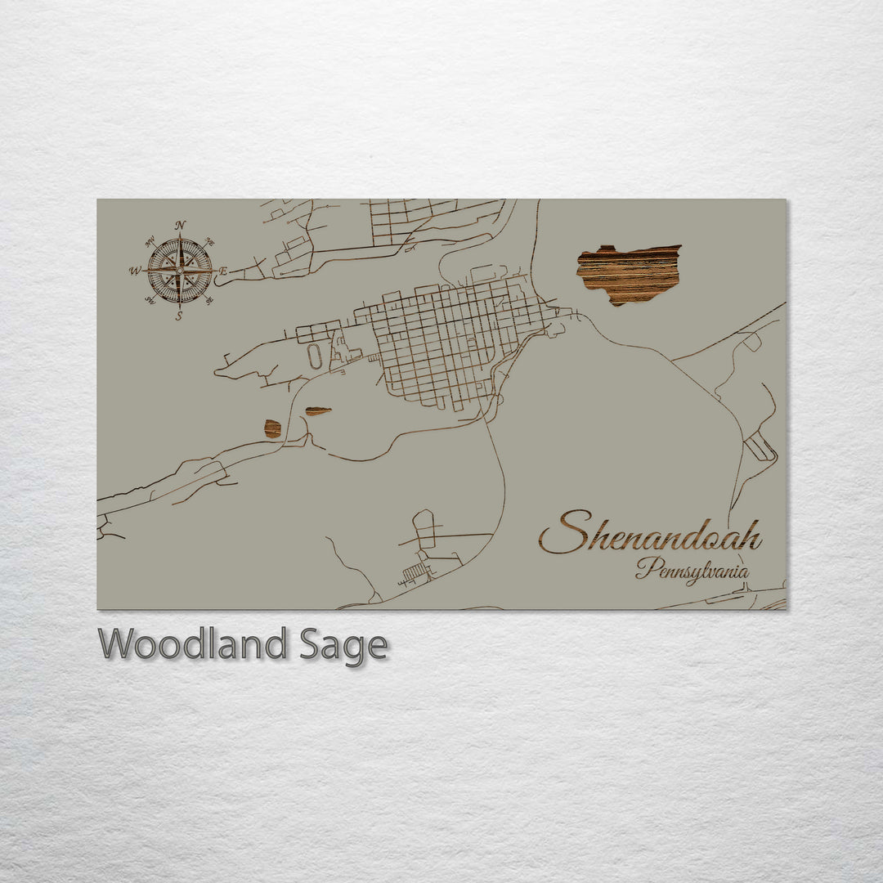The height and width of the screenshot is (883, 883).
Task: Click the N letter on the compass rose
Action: click(x=180, y=225)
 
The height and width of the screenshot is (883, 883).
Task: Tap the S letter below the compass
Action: click(x=179, y=316)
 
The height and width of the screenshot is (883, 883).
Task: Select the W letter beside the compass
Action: click(x=134, y=271)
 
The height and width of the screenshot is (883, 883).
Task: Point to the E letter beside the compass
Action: click(x=223, y=271)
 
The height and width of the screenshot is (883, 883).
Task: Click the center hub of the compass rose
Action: click(x=180, y=271)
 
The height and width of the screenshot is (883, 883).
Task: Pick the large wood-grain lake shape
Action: click(x=628, y=274)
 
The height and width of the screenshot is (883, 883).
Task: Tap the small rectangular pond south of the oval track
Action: click(x=272, y=428)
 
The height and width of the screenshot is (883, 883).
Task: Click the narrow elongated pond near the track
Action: click(x=318, y=410)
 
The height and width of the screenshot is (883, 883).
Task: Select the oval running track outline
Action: click(x=315, y=356)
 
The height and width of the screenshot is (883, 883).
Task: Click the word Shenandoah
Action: click(x=650, y=533)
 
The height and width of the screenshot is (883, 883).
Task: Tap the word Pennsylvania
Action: click(x=692, y=570)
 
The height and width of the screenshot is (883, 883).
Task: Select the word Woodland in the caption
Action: click(x=192, y=644)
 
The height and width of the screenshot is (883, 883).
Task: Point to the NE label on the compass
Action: click(x=210, y=243)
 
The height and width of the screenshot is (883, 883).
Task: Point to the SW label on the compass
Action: click(x=150, y=299)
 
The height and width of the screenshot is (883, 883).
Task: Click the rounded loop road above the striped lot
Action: click(x=424, y=527)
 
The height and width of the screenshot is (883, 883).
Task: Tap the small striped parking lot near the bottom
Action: click(x=416, y=571)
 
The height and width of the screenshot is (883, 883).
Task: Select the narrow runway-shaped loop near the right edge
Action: click(x=760, y=446)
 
